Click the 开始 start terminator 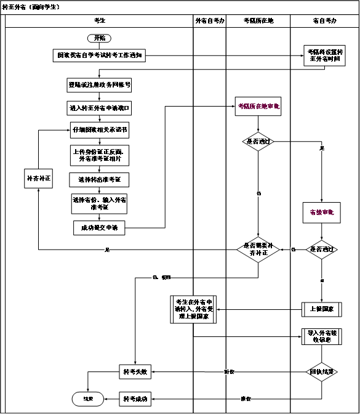98,38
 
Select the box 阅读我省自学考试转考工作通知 98,55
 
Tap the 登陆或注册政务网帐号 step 98,84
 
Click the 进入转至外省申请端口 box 98,107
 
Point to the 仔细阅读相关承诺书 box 98,131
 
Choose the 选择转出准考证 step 98,179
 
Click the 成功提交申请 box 98,228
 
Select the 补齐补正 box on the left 38,179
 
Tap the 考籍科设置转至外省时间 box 322,56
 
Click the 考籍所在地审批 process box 258,107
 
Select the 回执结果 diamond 322,371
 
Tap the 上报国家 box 322,308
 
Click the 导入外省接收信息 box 322,336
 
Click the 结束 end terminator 88,397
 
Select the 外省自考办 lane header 209,20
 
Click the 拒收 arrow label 229,371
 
